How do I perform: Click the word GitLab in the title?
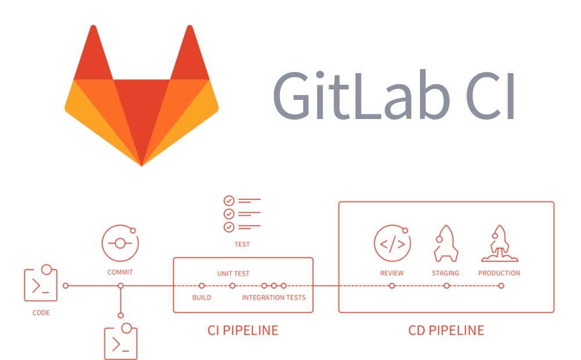(x=361, y=96)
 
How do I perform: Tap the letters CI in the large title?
(x=490, y=96)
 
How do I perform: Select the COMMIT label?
(x=120, y=272)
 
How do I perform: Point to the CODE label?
(x=41, y=312)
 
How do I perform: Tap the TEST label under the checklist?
(x=242, y=244)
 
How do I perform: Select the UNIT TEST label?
(x=234, y=273)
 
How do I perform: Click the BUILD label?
(x=202, y=297)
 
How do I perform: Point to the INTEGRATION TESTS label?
(x=274, y=297)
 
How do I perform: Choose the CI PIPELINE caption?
(x=243, y=330)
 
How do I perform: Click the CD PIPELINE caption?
(x=446, y=330)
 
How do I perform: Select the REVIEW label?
(x=392, y=273)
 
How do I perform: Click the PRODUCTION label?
(x=499, y=273)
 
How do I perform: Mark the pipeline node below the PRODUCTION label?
(x=501, y=286)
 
